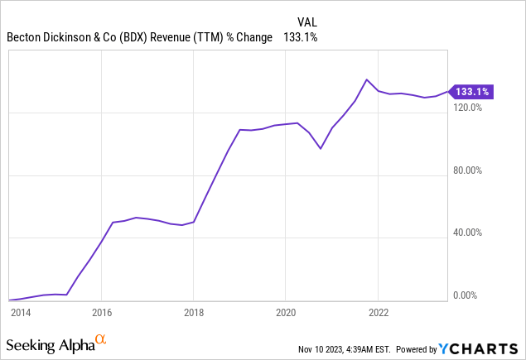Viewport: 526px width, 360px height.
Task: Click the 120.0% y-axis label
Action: click(x=470, y=108)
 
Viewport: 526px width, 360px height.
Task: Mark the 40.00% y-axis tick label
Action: click(x=470, y=233)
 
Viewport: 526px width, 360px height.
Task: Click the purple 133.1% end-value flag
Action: click(x=471, y=92)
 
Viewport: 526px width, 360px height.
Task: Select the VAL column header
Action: click(x=306, y=21)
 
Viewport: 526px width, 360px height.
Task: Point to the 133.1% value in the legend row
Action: click(x=301, y=37)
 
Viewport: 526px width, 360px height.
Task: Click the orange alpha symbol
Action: click(x=101, y=338)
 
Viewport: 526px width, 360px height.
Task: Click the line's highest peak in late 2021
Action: click(x=366, y=79)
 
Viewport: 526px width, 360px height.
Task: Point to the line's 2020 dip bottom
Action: click(x=321, y=149)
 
